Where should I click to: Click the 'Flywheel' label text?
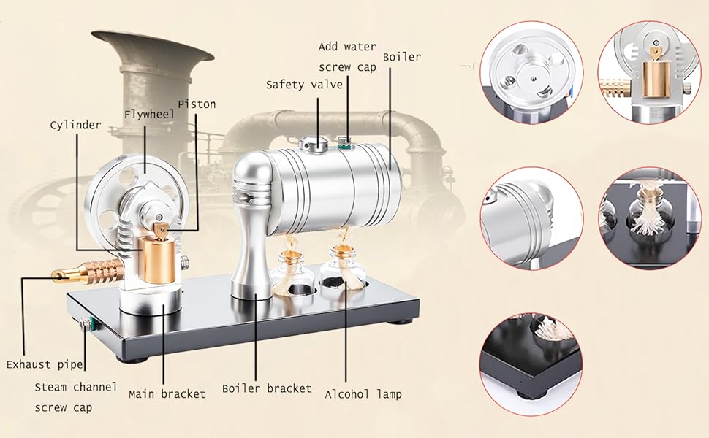point(147,114)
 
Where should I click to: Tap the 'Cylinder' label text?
point(75,125)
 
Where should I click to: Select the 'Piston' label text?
point(197,104)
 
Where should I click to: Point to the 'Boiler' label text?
point(402,56)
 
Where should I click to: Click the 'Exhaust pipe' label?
point(45,364)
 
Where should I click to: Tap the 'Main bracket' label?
point(167,393)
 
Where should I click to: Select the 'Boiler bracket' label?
point(267,388)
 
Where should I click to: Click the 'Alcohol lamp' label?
point(363,393)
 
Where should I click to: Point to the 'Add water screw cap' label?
point(347,55)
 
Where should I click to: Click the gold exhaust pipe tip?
point(58,275)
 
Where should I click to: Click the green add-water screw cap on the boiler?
point(343,143)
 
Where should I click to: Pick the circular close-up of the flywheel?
point(531,72)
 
